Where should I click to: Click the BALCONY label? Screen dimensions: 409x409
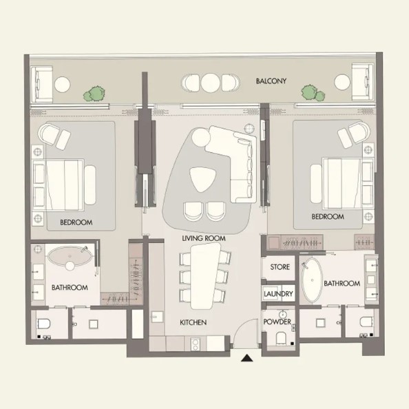click(x=271, y=81)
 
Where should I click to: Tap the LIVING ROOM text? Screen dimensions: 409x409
click(x=204, y=238)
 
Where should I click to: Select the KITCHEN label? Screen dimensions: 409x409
click(x=193, y=322)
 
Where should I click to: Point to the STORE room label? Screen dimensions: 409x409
click(x=280, y=267)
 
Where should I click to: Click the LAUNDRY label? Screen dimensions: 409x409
click(x=278, y=294)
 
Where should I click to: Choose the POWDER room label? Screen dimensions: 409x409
click(x=277, y=322)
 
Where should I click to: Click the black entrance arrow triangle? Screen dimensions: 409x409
click(x=247, y=358)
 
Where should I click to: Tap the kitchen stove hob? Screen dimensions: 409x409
click(x=195, y=344)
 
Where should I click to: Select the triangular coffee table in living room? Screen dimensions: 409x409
click(x=202, y=179)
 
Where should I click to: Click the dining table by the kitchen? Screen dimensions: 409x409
click(x=205, y=275)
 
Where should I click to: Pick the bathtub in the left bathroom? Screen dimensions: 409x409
click(x=70, y=256)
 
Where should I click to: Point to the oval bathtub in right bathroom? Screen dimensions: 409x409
click(x=312, y=280)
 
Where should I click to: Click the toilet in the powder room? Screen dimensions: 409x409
click(x=281, y=338)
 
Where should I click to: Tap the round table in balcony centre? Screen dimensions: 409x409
click(x=210, y=83)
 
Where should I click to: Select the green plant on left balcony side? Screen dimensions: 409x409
click(x=94, y=94)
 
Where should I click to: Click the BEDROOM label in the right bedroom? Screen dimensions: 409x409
click(x=328, y=216)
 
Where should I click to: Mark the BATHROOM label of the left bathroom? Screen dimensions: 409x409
click(x=70, y=287)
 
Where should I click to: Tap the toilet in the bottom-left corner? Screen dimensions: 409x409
click(x=43, y=324)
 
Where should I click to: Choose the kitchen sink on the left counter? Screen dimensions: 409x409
click(x=157, y=317)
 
